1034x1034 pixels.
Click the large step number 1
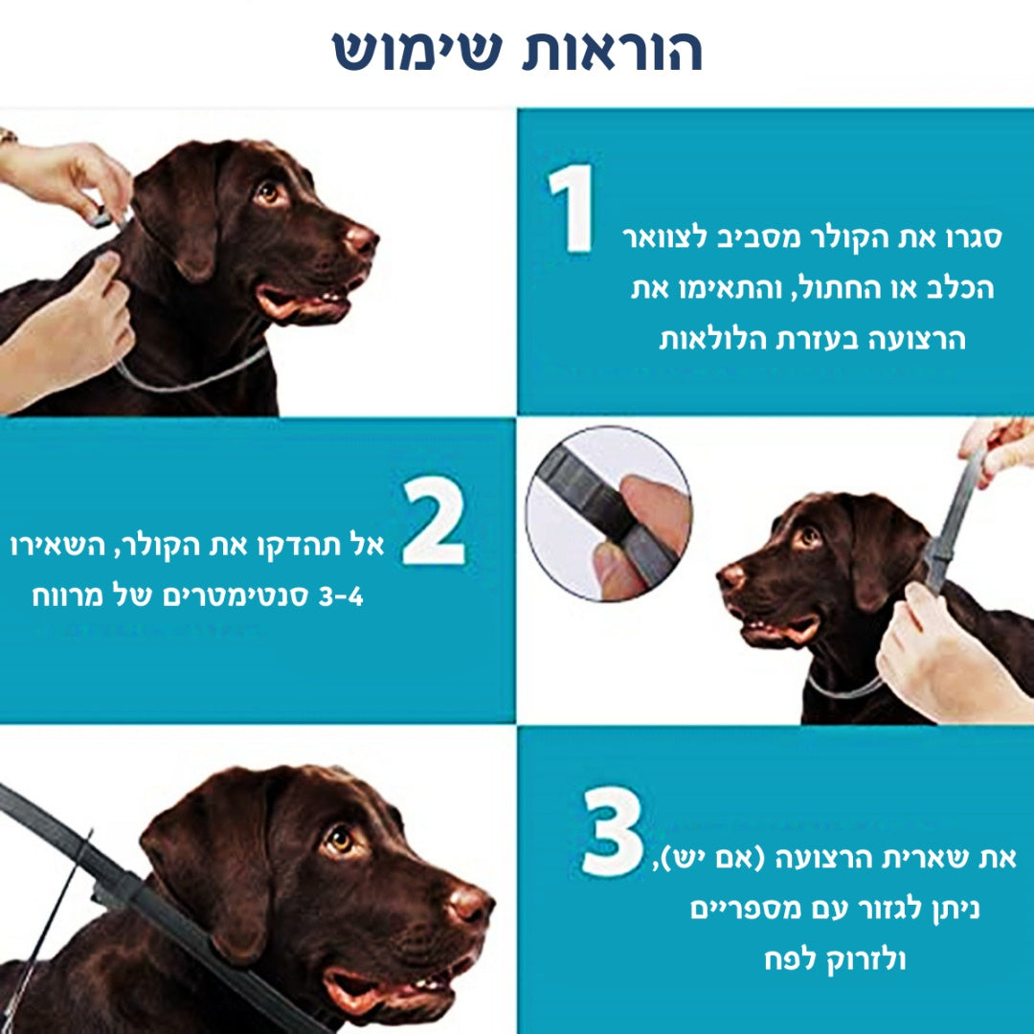573,209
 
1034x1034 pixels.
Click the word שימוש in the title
417,50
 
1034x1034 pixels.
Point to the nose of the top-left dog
362,237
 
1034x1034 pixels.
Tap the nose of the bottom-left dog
470,902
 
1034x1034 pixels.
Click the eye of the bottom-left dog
339,840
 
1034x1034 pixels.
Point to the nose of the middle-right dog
731,575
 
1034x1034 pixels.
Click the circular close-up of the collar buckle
608,513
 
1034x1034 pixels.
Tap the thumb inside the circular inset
651,507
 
